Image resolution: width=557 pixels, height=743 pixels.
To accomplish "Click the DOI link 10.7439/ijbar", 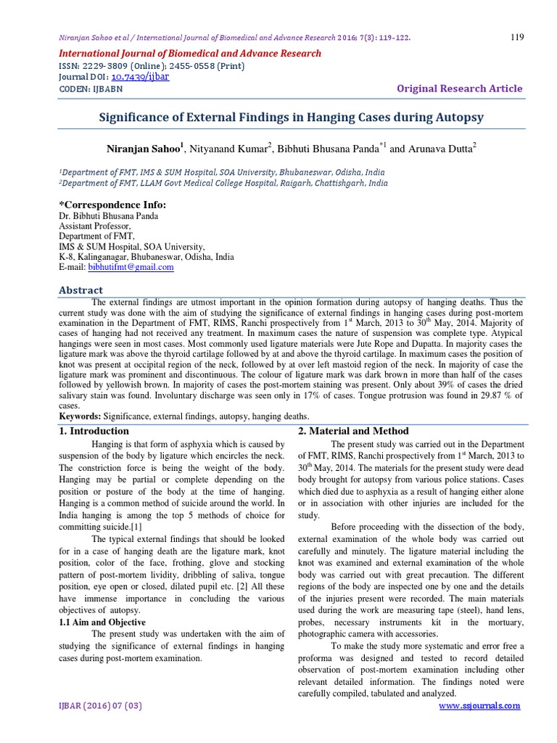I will pos(140,76).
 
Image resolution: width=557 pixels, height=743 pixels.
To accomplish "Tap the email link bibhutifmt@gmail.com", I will pos(131,267).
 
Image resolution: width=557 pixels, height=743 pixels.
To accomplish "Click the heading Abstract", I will pos(81,290).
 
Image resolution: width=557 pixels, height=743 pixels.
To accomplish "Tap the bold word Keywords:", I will pos(80,416).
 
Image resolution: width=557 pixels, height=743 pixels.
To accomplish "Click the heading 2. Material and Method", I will pos(354,431).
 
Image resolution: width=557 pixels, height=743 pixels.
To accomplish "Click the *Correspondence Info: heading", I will pos(112,205).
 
